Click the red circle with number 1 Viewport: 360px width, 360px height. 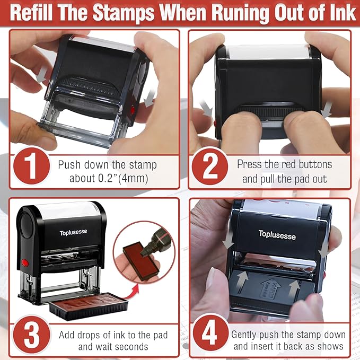30,165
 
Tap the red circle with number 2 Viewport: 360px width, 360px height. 210,165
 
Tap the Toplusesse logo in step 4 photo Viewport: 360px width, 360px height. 277,234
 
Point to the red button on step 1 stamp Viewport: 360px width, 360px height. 133,110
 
